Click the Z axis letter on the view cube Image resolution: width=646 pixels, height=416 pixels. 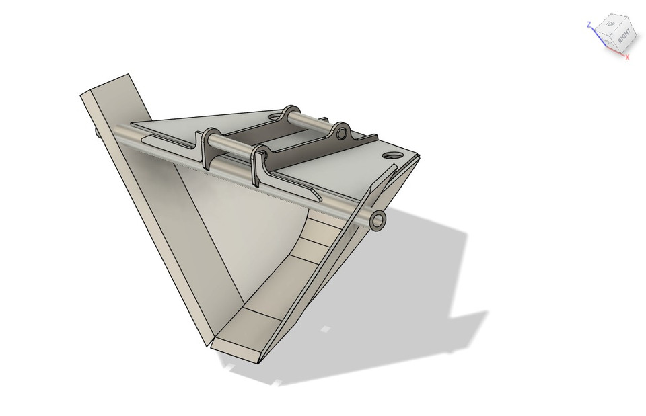[x=589, y=24]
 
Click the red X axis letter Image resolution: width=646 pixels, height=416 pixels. [x=627, y=58]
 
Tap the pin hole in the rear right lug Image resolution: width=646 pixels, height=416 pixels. [x=342, y=132]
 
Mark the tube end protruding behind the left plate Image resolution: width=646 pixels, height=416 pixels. [x=100, y=134]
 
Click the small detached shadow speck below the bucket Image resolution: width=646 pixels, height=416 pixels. [x=326, y=329]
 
